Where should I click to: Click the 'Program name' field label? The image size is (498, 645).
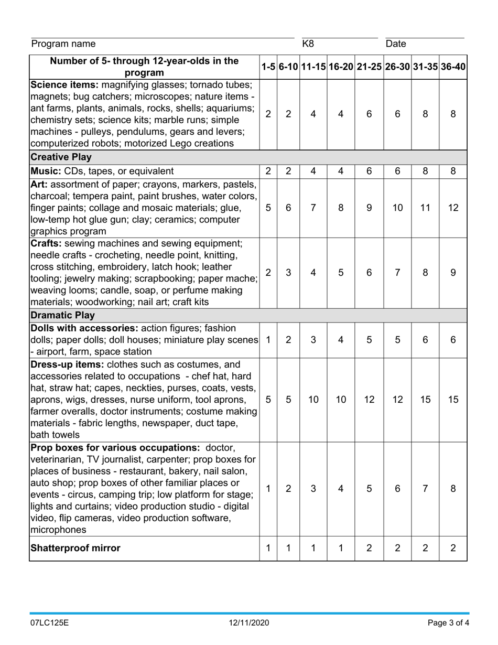63,44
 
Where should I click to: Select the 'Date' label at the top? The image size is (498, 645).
396,44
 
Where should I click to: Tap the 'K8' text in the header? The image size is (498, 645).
308,44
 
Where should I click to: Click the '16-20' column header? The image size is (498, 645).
341,67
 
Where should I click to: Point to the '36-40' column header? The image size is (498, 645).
453,67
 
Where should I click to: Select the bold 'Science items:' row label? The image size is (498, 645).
64,85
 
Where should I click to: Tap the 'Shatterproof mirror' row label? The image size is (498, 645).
75,548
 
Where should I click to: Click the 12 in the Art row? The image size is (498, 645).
453,208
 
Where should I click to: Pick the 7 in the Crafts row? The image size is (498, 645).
397,272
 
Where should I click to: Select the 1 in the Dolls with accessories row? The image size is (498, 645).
268,339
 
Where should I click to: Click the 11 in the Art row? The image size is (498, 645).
425,208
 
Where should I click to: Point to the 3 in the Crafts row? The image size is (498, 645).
288,272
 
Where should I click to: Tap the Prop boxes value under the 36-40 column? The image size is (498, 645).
453,488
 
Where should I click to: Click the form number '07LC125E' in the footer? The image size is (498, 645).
49,622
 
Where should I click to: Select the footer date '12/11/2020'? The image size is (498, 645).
249,622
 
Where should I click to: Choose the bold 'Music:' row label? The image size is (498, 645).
46,171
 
